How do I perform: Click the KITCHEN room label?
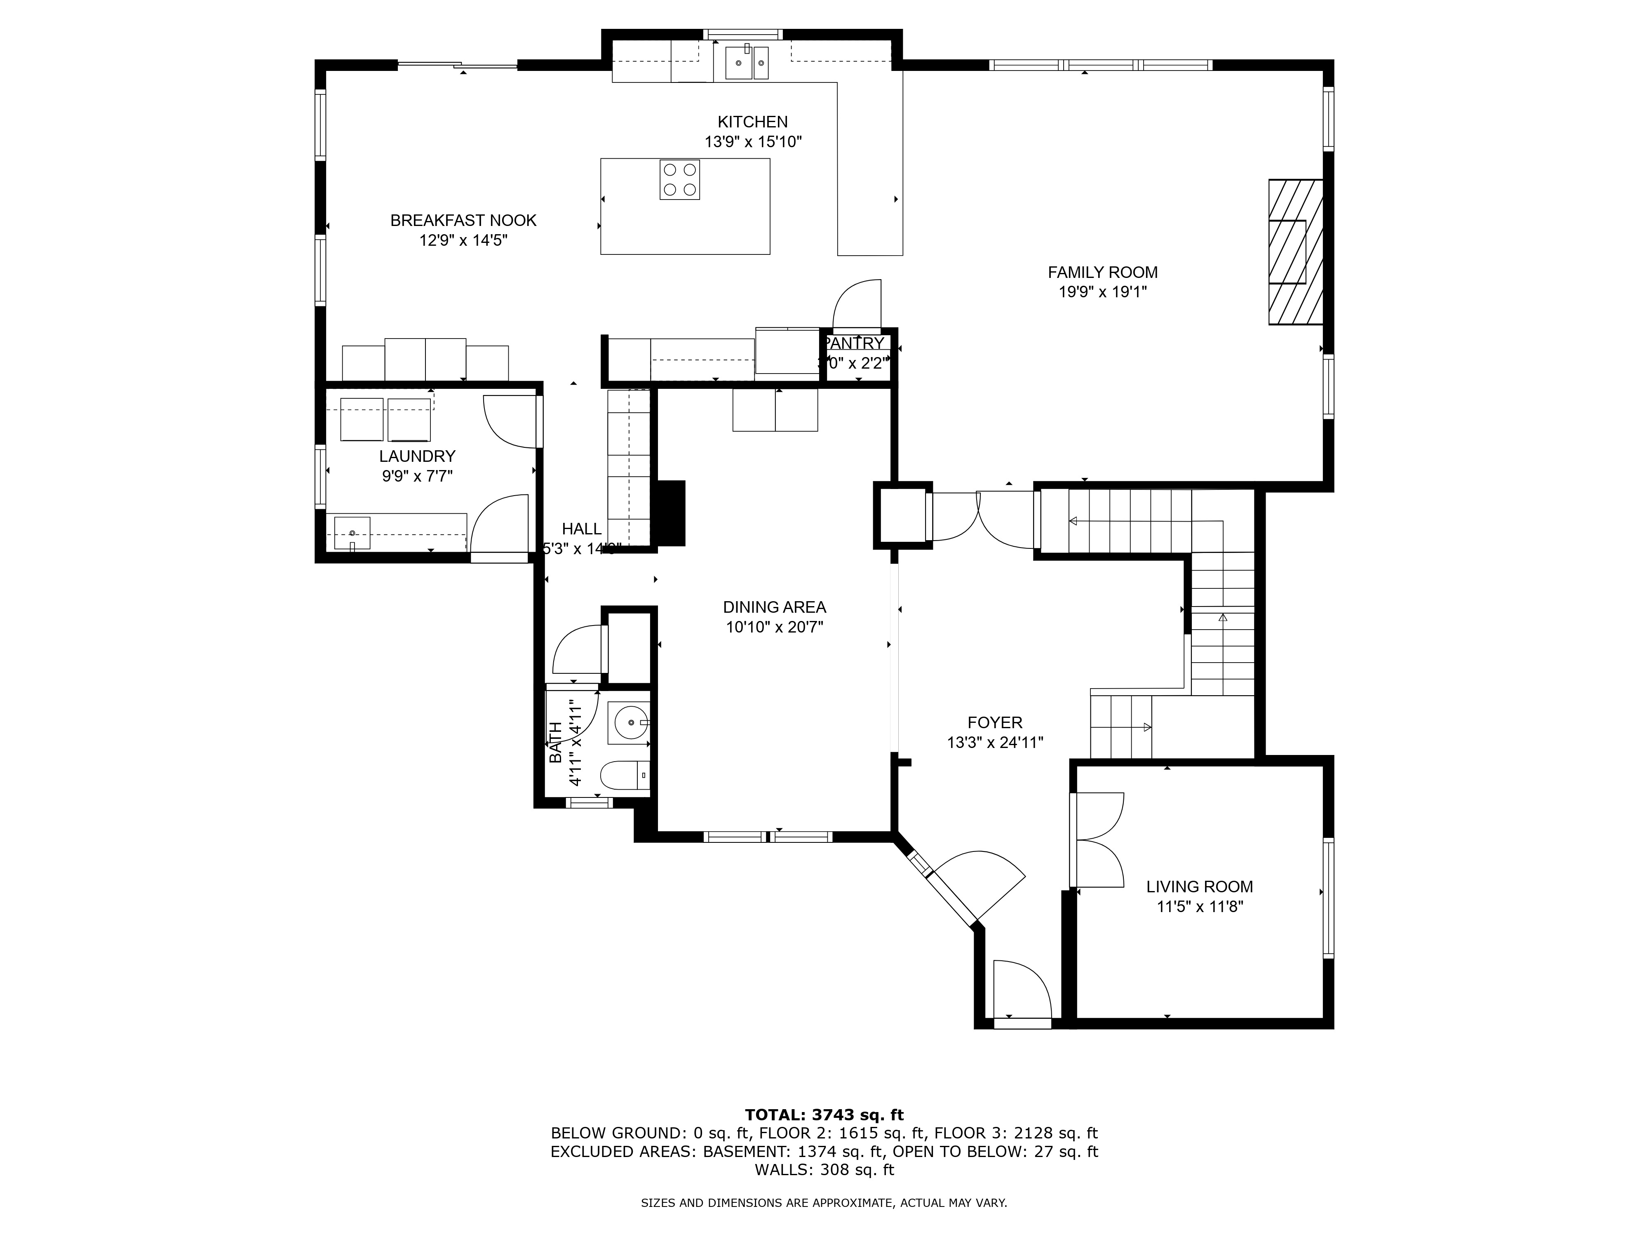(x=752, y=122)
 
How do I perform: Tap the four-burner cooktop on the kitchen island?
(x=679, y=180)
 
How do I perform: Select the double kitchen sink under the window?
(x=746, y=62)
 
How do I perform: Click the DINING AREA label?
(x=775, y=607)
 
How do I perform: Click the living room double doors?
(x=1097, y=840)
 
